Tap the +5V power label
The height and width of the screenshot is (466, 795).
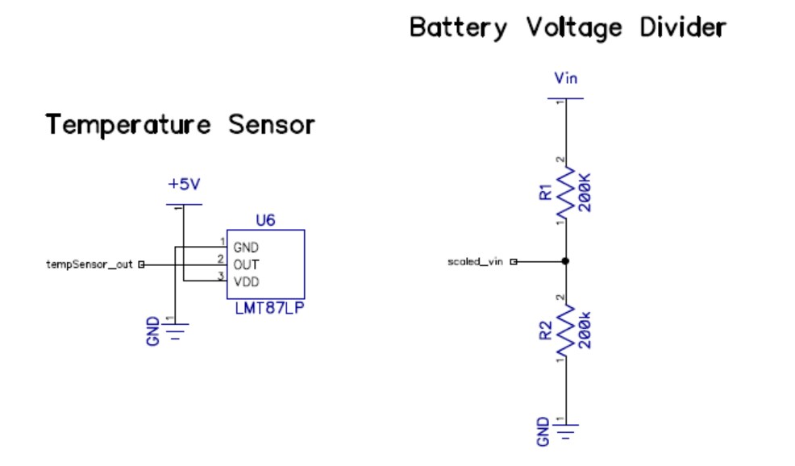pos(183,184)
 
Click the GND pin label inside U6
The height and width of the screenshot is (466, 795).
pos(245,248)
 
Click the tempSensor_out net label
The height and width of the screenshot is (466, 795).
pos(89,264)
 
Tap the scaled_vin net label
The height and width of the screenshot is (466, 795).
pos(475,261)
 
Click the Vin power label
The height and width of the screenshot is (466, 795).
pos(565,78)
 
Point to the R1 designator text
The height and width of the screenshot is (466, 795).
pos(546,192)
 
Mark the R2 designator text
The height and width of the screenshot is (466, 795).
pos(546,330)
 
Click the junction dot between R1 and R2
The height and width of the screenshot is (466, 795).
pos(566,261)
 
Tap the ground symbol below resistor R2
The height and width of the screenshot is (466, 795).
pos(566,431)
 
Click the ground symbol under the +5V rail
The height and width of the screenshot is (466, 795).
pos(177,331)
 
